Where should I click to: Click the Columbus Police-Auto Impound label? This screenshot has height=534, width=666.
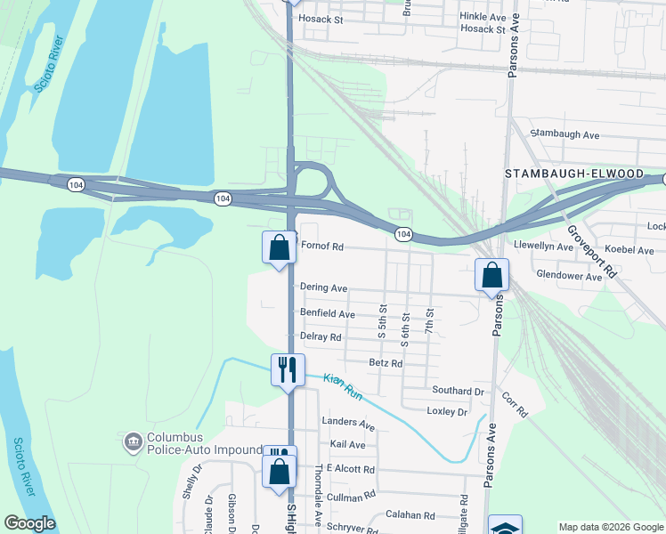coord(204,444)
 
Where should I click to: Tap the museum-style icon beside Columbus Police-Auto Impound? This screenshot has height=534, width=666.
coord(134,440)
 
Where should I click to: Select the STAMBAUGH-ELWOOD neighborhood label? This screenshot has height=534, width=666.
coord(574,174)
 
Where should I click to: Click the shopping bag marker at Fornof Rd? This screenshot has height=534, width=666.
coord(279,247)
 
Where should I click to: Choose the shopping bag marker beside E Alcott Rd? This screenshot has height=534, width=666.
coord(280,472)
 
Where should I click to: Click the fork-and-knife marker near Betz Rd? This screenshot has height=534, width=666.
coord(288,368)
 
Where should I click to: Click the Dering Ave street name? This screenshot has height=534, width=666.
coord(323,288)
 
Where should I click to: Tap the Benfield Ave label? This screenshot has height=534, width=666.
coord(328,314)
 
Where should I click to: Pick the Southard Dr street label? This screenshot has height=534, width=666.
coord(458,391)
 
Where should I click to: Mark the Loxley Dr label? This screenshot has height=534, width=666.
coord(447,412)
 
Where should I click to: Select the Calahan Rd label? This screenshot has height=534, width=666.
coord(410,515)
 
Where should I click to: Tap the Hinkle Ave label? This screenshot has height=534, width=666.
coord(483,17)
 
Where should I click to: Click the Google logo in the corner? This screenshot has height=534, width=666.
coord(29,523)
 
